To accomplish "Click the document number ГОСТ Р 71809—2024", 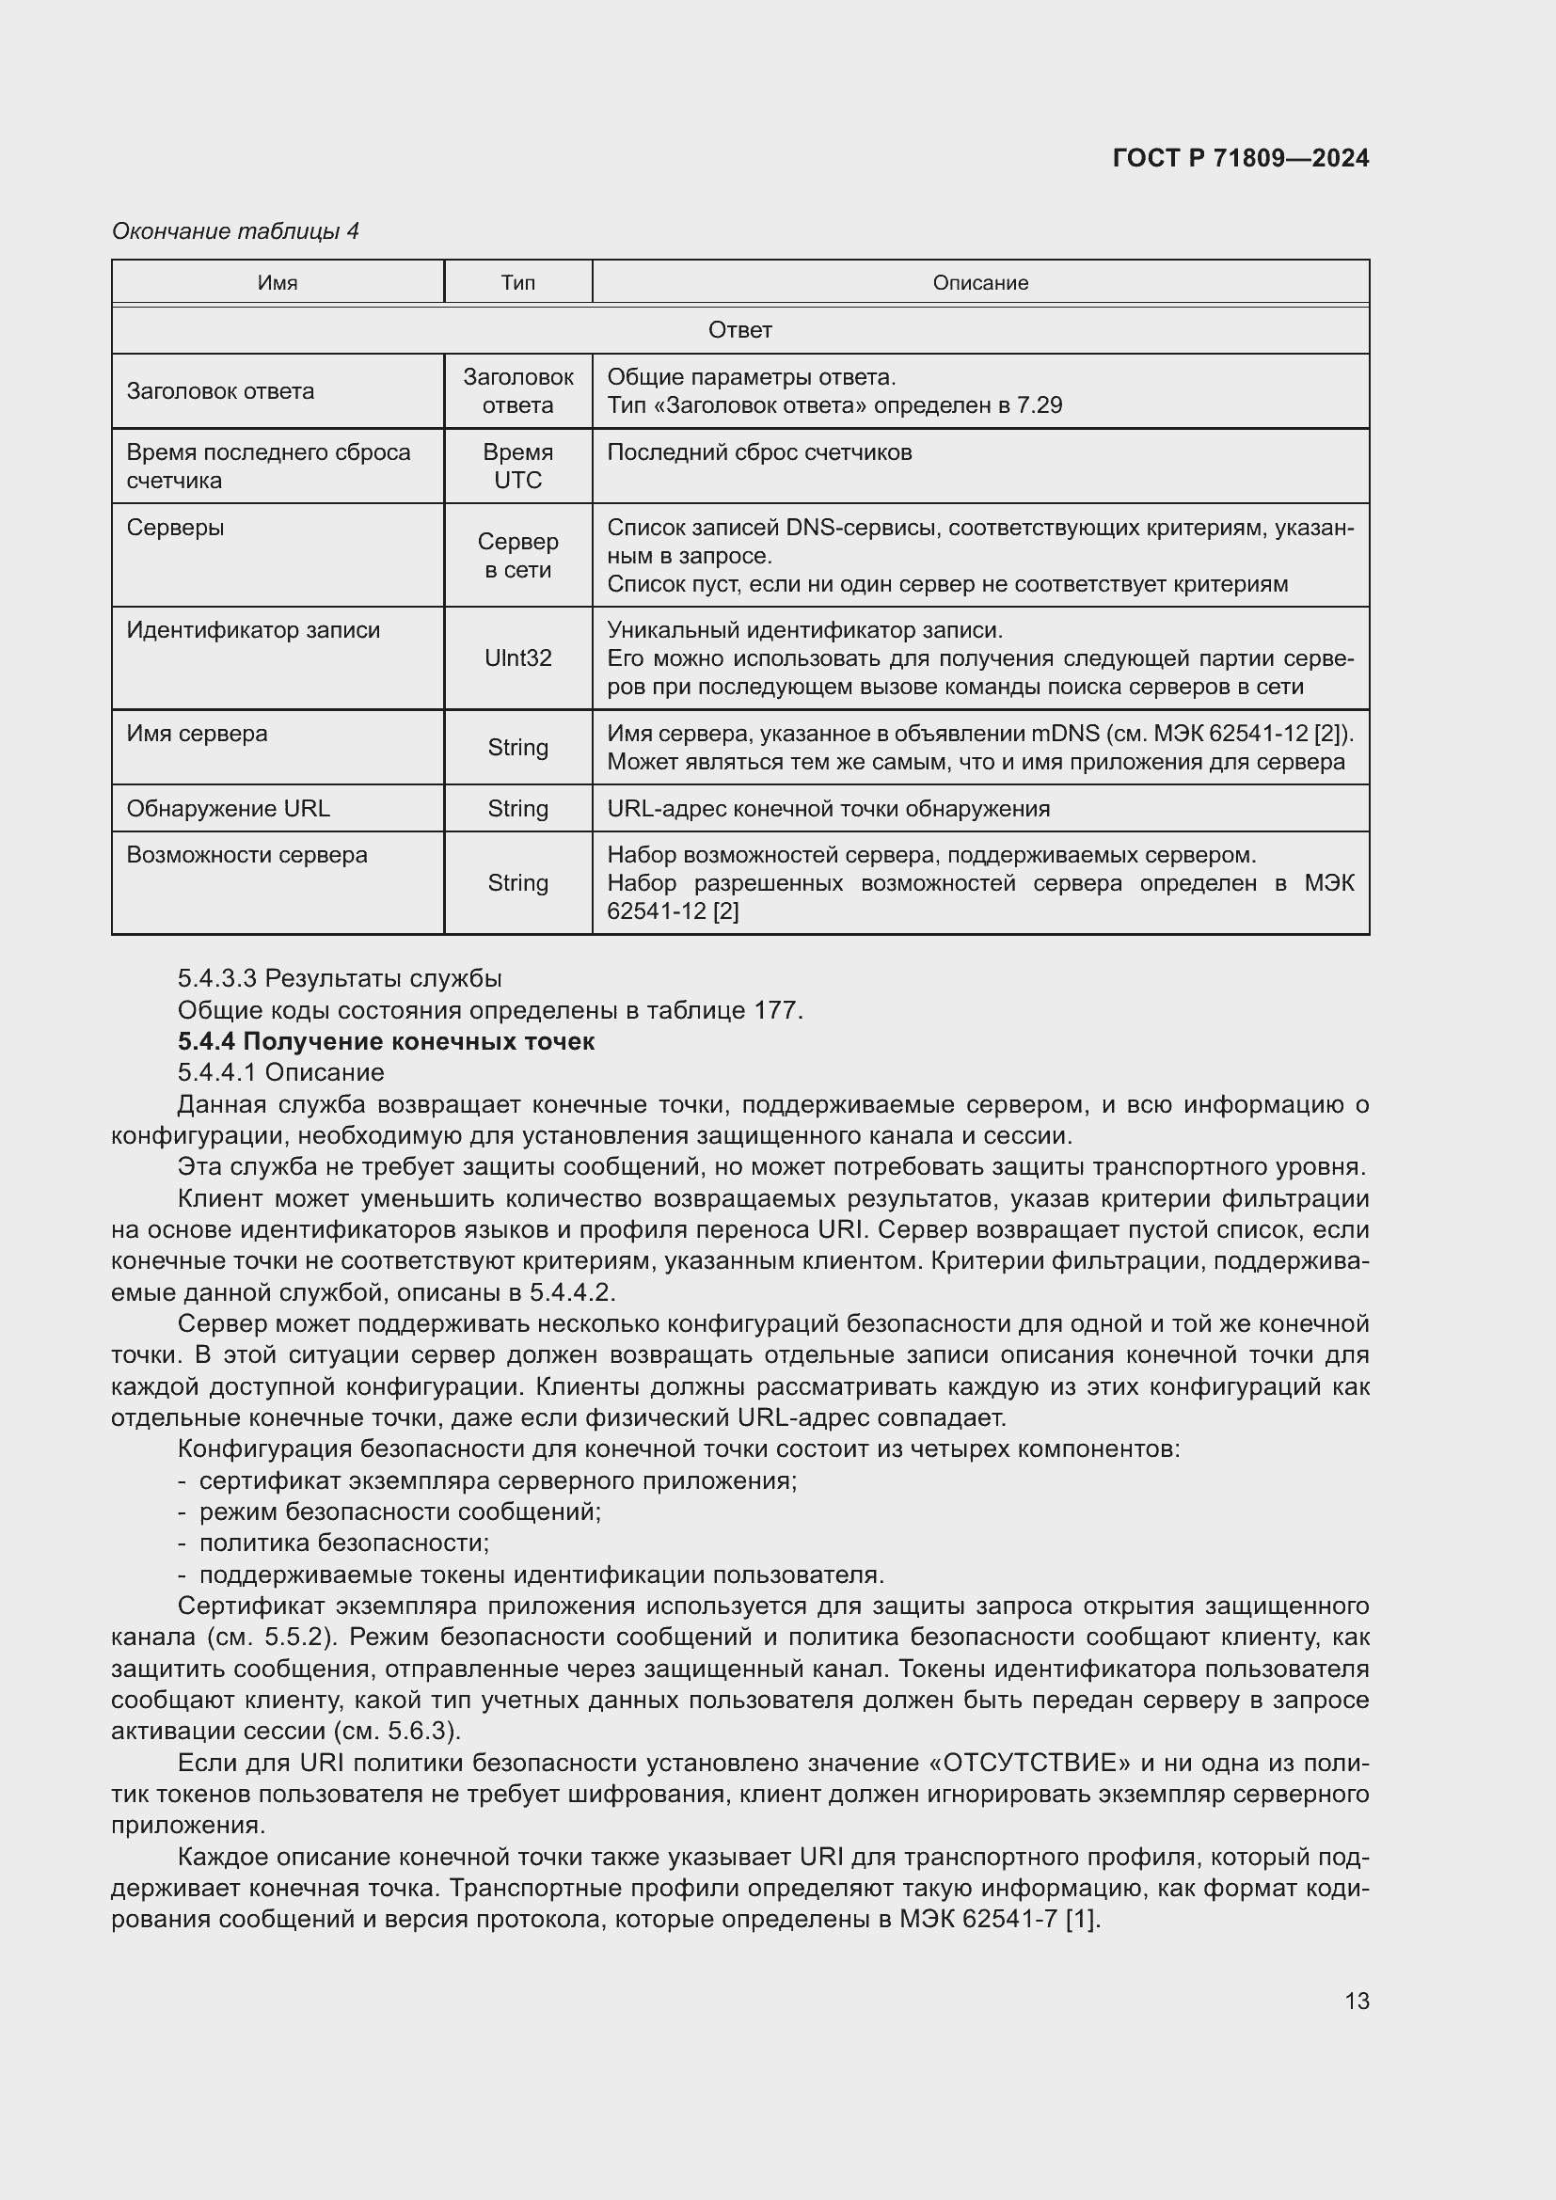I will coord(1240,158).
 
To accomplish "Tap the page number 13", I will coord(1357,2001).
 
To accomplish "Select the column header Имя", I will coord(277,283).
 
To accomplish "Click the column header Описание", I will coord(980,283).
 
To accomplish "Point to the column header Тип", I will coord(517,283).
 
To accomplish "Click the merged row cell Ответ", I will coord(739,329).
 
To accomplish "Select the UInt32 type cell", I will coord(517,658).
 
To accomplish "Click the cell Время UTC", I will coord(517,466).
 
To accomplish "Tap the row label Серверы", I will coord(175,527).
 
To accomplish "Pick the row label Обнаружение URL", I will coord(228,808).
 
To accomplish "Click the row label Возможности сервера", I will coord(246,854).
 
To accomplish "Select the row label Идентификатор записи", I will coord(253,629).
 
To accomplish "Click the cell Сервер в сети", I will coord(517,555).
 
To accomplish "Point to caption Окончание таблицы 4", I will coord(235,231).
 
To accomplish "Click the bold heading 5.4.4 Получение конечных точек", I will coord(385,1040).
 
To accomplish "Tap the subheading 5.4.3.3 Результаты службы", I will coord(340,978).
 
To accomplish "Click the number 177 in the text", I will coord(776,1010).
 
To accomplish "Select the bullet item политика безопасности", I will coord(343,1542).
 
